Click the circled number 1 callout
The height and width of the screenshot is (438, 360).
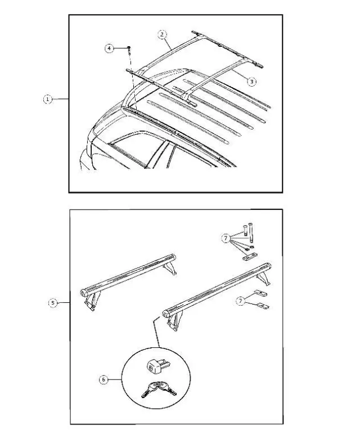48,99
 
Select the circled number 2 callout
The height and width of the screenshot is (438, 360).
162,34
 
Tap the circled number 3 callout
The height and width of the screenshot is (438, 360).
251,82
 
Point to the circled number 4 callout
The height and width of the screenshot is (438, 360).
110,48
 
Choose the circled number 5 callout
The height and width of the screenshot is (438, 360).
52,303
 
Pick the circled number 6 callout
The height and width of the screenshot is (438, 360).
103,380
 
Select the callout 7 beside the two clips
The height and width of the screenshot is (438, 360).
240,302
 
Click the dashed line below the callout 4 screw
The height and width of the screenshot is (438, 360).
133,84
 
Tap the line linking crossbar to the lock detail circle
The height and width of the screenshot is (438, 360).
158,334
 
